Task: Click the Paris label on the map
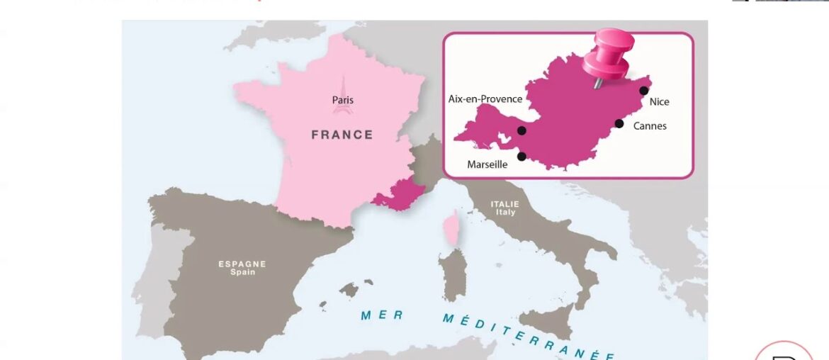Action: [343, 101]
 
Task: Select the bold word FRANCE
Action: [342, 135]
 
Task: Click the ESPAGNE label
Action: [242, 264]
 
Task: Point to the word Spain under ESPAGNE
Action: [242, 272]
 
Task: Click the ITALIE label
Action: [505, 204]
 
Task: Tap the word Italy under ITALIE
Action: [506, 213]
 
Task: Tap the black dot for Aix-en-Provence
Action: [522, 130]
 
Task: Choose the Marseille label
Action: [487, 165]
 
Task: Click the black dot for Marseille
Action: [522, 157]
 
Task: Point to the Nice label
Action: [659, 102]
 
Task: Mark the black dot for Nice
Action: [643, 91]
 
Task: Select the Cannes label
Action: [649, 127]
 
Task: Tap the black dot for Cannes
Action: [619, 124]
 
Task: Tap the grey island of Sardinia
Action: [452, 273]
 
